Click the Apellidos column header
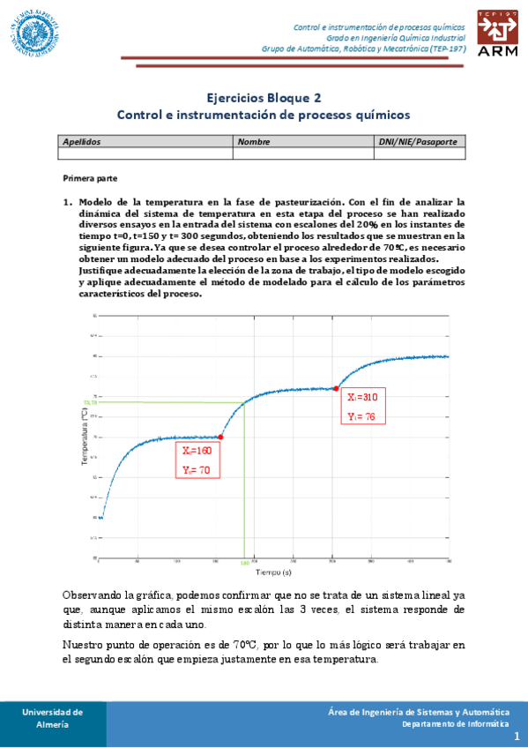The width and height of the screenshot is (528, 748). click(x=82, y=141)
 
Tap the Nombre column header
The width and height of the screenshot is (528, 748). click(x=254, y=141)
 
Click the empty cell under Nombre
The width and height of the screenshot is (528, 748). click(x=302, y=153)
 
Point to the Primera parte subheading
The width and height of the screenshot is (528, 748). click(x=91, y=178)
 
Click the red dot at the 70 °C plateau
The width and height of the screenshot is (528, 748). click(x=220, y=437)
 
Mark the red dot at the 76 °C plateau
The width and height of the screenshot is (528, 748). click(x=336, y=388)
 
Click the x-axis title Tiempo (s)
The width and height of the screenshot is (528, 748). click(x=274, y=572)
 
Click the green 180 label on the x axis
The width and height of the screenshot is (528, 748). click(x=244, y=561)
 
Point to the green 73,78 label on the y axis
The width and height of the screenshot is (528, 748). click(x=90, y=403)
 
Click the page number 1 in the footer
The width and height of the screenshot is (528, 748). click(x=517, y=734)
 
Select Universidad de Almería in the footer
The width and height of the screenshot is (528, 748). click(x=53, y=717)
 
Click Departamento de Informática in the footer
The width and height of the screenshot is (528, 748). click(x=455, y=723)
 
